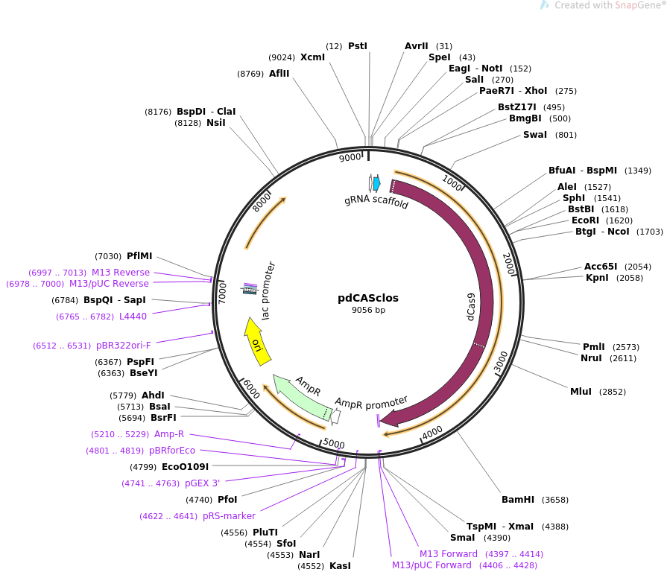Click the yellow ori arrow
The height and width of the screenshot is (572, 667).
click(257, 342)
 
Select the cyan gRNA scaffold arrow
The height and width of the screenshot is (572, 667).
click(376, 183)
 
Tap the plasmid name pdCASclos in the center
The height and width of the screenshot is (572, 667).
click(368, 298)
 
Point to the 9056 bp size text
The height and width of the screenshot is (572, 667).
click(368, 311)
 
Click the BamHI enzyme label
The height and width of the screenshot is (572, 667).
click(518, 500)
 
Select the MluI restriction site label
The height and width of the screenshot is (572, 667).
click(581, 392)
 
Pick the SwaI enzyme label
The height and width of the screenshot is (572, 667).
click(534, 135)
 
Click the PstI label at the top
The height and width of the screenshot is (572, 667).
click(357, 46)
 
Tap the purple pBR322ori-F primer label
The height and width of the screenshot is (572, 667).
click(124, 346)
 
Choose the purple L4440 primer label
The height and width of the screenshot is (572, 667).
click(133, 317)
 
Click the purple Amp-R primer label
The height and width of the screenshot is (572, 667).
click(169, 434)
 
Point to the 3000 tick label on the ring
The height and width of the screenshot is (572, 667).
click(502, 363)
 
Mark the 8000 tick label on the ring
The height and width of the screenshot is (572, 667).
click(261, 202)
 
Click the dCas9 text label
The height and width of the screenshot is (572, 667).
click(470, 307)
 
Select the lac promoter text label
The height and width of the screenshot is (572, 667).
click(268, 290)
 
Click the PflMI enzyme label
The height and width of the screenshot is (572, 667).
click(139, 255)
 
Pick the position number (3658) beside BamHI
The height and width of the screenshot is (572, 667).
click(555, 500)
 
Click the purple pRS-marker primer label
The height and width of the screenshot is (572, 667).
click(229, 516)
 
